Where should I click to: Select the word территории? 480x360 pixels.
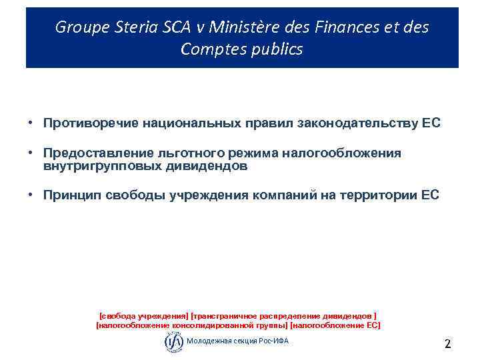click(x=380, y=195)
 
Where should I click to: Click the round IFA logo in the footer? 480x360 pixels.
click(x=173, y=341)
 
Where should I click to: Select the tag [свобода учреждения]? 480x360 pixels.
click(x=143, y=315)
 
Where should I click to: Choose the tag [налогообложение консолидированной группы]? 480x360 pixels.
click(x=192, y=325)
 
